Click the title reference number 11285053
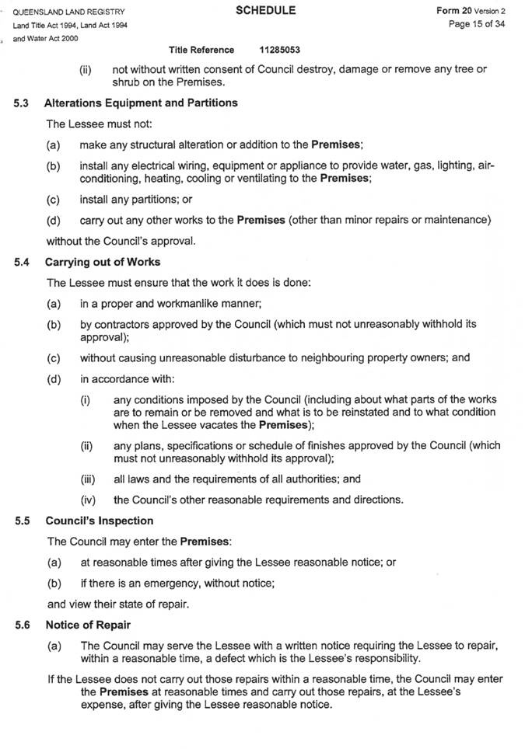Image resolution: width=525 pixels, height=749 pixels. coord(280,50)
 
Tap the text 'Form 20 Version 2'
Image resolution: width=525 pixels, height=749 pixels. coord(471,11)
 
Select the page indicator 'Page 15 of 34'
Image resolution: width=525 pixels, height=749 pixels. coord(478,24)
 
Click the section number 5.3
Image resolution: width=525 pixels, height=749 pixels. coord(23,103)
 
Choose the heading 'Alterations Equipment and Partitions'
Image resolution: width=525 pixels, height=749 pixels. coord(141,103)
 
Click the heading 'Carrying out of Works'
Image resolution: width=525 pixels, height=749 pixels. coord(103,262)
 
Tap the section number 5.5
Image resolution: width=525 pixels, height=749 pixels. coord(23,521)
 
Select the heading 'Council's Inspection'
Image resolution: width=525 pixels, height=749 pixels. coord(100,521)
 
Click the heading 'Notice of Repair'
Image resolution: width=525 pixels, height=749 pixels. coord(88,625)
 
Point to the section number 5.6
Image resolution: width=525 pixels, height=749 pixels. coord(23,625)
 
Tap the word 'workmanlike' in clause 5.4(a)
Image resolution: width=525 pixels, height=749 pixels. coord(186,303)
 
